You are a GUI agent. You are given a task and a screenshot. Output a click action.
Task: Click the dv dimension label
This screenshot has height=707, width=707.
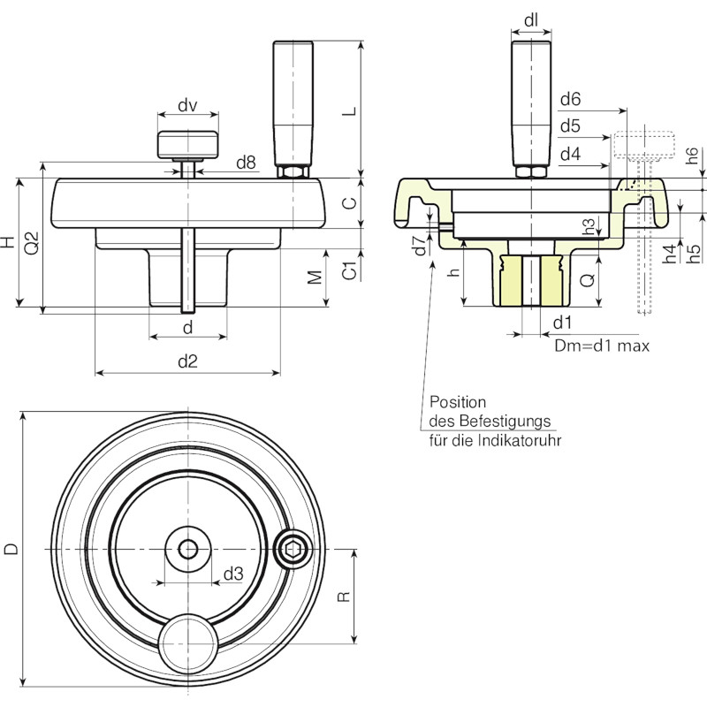click(187, 106)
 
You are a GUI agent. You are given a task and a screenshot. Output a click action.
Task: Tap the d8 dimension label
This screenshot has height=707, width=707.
click(246, 163)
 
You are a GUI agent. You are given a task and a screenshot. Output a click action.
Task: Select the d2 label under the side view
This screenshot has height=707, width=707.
click(187, 361)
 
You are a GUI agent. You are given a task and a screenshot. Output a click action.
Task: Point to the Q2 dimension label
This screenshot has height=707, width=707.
click(32, 243)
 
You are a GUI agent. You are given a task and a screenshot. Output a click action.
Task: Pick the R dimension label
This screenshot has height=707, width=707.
click(344, 597)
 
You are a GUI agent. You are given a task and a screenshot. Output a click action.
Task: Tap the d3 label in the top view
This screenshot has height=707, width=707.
click(233, 574)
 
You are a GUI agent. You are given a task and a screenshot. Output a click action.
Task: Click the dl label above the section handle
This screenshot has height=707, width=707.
click(531, 20)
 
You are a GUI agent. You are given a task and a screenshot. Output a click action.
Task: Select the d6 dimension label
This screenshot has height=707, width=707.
click(570, 99)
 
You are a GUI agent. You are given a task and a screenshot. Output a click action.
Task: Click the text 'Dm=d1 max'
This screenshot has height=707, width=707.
click(602, 346)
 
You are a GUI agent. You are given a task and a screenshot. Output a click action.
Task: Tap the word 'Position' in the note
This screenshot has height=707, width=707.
click(458, 402)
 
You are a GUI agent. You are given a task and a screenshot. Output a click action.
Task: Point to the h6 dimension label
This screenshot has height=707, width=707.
click(694, 156)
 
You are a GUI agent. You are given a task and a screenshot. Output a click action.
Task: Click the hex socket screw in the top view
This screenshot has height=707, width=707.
click(293, 549)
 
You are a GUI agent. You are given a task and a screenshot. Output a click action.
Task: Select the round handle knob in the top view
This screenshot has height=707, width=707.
click(188, 643)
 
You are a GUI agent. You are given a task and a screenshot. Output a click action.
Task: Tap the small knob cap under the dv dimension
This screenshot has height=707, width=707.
click(188, 145)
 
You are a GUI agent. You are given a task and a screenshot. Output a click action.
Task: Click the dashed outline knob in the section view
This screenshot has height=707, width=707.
click(645, 145)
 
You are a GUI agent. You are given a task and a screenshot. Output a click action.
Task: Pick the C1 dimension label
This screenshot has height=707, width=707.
click(350, 270)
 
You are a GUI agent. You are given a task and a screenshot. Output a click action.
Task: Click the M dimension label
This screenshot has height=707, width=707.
click(315, 277)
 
